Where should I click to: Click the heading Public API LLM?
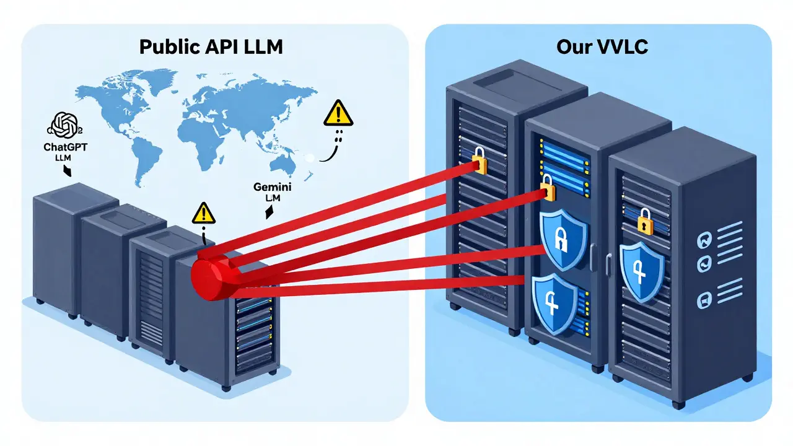tap(211, 48)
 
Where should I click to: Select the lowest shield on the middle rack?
tap(553, 302)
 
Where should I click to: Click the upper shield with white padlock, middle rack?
tap(562, 238)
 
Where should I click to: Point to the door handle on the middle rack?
tap(593, 253)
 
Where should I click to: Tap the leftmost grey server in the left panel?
tap(59, 248)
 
